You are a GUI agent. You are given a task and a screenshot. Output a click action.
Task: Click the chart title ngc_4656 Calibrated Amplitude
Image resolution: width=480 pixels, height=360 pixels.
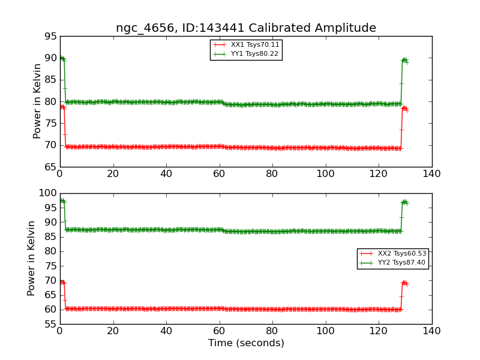coord(246,28)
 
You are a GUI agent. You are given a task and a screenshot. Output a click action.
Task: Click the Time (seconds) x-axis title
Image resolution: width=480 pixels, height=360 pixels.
coord(246,343)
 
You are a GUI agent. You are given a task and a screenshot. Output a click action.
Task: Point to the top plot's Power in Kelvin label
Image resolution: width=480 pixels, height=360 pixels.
coord(37,101)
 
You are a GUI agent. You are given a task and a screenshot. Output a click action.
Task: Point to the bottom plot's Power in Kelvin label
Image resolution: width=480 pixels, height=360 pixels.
coord(31,258)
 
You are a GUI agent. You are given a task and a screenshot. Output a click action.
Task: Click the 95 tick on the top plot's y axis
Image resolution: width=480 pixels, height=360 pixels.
coord(50,37)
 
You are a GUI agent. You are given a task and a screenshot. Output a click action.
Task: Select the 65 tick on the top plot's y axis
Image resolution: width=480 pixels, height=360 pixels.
coord(50,167)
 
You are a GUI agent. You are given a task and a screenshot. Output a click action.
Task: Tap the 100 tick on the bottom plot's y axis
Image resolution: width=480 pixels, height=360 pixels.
coord(47,193)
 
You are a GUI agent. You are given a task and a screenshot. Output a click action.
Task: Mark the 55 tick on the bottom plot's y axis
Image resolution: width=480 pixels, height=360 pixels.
coord(50,325)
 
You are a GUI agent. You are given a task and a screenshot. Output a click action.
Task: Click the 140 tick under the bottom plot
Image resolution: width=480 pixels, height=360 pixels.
coord(431,331)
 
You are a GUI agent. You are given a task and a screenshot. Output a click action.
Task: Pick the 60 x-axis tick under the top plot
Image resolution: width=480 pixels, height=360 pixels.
coord(219,173)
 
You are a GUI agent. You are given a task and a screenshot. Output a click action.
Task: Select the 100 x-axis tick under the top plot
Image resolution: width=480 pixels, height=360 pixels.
coord(325,173)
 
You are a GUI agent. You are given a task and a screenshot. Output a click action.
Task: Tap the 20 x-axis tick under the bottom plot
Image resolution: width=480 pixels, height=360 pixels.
coord(113,331)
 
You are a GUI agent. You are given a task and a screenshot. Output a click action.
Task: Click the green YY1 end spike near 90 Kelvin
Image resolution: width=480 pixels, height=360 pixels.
coord(404,60)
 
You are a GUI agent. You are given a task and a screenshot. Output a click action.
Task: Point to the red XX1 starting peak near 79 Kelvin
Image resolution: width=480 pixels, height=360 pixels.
coord(62,107)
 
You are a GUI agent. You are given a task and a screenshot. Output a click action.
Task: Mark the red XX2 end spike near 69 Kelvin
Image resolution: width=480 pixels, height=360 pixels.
coord(404,283)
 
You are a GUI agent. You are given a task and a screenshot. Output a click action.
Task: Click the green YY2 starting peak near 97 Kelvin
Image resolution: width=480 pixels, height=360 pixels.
coord(62,201)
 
